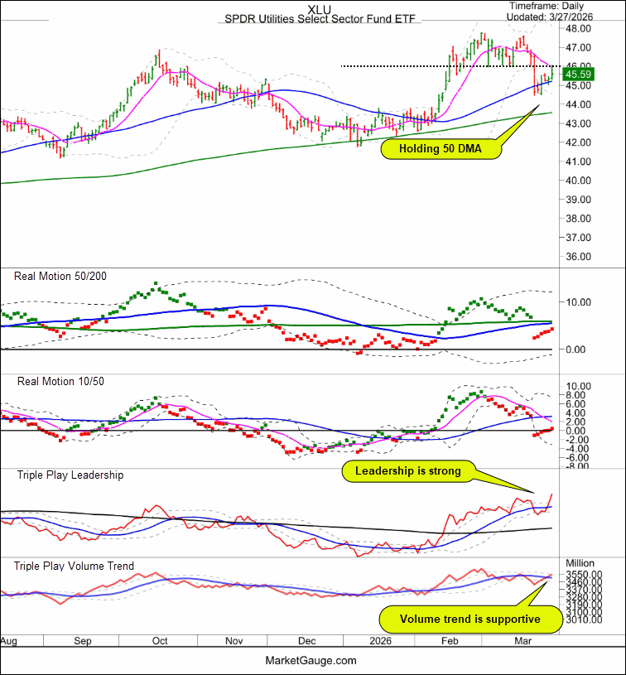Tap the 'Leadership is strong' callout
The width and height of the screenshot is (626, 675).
407,472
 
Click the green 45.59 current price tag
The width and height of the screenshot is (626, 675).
577,74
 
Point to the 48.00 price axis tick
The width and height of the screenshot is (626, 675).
577,27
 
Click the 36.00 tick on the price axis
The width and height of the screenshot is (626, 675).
577,256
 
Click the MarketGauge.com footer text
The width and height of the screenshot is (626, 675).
312,660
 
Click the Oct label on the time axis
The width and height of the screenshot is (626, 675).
160,641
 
